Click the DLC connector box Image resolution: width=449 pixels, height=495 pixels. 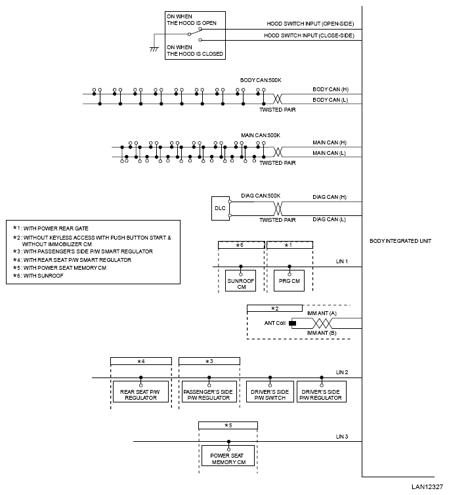221,208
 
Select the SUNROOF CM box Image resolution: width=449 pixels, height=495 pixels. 241,280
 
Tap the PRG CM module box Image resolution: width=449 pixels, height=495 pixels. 289,280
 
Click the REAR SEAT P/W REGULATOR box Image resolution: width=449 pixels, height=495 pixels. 141,391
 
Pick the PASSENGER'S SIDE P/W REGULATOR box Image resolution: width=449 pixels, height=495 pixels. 209,391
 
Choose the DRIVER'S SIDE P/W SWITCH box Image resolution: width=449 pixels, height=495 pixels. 270,391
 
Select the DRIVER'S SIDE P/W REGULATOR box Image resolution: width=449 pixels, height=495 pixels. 322,391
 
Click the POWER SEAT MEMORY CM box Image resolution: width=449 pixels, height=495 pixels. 228,456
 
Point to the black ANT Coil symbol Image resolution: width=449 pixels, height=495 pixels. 293,323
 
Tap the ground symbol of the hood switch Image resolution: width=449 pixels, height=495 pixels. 154,49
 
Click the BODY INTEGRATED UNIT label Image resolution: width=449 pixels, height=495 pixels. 400,241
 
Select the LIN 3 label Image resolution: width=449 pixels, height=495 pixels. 342,437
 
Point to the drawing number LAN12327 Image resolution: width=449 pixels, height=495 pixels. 427,486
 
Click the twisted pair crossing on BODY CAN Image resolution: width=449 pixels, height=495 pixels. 278,99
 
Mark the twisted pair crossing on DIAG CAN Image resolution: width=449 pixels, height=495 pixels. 278,208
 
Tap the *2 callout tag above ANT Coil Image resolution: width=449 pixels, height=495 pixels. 274,309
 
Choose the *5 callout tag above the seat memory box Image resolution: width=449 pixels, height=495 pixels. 228,425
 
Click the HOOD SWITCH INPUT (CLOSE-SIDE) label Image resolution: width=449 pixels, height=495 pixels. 309,35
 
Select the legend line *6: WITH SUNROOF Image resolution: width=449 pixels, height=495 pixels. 38,276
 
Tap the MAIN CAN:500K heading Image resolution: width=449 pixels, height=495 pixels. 261,135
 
